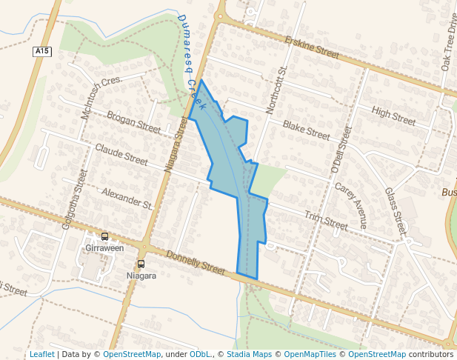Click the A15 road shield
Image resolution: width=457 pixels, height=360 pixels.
(x=42, y=51)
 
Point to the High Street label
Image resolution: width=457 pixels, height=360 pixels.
(x=393, y=116)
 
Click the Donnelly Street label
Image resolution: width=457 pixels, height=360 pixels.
(x=195, y=262)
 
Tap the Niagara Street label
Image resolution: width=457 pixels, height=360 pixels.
(x=177, y=144)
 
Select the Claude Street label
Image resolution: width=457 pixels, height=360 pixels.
(x=121, y=153)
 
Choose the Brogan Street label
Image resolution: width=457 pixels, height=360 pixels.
(x=133, y=122)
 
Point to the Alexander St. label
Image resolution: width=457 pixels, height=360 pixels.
(x=126, y=198)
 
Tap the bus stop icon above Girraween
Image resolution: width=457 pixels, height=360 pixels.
(x=104, y=237)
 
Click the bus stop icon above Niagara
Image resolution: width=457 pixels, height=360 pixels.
(x=141, y=264)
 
